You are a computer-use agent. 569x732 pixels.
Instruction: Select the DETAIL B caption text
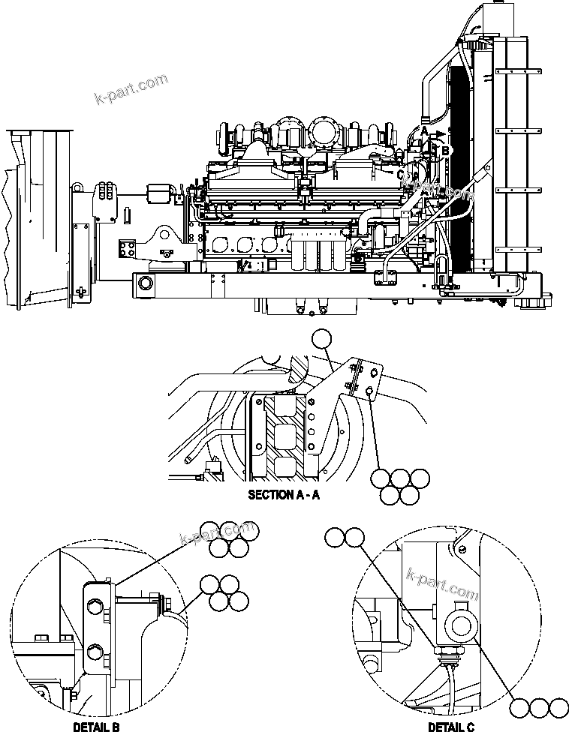[95, 727]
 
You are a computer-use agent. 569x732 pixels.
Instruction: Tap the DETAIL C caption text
[450, 727]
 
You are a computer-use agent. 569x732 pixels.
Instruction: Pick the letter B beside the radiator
[447, 151]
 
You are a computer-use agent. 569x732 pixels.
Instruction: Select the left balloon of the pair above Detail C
[335, 536]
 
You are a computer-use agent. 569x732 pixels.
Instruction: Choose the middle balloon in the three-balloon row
[539, 707]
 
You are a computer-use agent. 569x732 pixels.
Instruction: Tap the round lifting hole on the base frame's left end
[144, 283]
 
